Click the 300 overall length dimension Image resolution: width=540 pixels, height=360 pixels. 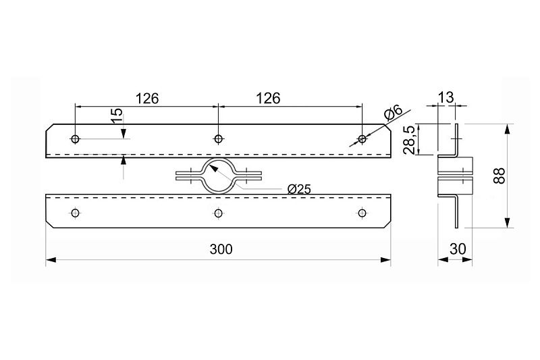(x=221, y=249)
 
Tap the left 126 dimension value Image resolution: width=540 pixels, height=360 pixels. (x=147, y=99)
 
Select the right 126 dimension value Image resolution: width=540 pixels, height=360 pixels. (x=268, y=99)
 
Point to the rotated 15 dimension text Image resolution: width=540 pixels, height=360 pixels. (x=117, y=115)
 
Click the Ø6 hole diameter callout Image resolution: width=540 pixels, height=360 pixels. (x=393, y=113)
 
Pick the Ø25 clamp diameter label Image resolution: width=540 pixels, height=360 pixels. (x=299, y=189)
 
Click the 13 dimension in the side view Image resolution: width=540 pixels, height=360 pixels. (x=446, y=97)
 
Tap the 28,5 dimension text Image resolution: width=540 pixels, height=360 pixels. (x=409, y=140)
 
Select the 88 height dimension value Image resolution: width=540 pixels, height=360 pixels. (x=499, y=176)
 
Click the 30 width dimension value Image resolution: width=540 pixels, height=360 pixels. (x=458, y=249)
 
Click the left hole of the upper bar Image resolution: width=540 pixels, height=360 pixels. (x=75, y=139)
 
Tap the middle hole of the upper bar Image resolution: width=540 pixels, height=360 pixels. (x=218, y=139)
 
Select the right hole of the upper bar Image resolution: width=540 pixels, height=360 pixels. (x=362, y=139)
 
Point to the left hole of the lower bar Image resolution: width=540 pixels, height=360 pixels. (x=76, y=213)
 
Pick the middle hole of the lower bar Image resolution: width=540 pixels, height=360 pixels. (x=218, y=213)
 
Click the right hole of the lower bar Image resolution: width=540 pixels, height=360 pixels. (x=362, y=213)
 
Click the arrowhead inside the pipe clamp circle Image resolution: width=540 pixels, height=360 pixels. (x=213, y=168)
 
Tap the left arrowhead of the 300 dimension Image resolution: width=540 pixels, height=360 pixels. (x=51, y=259)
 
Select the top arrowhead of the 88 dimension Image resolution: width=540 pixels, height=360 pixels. (x=508, y=130)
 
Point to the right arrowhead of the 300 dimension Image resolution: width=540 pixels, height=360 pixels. (x=385, y=259)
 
